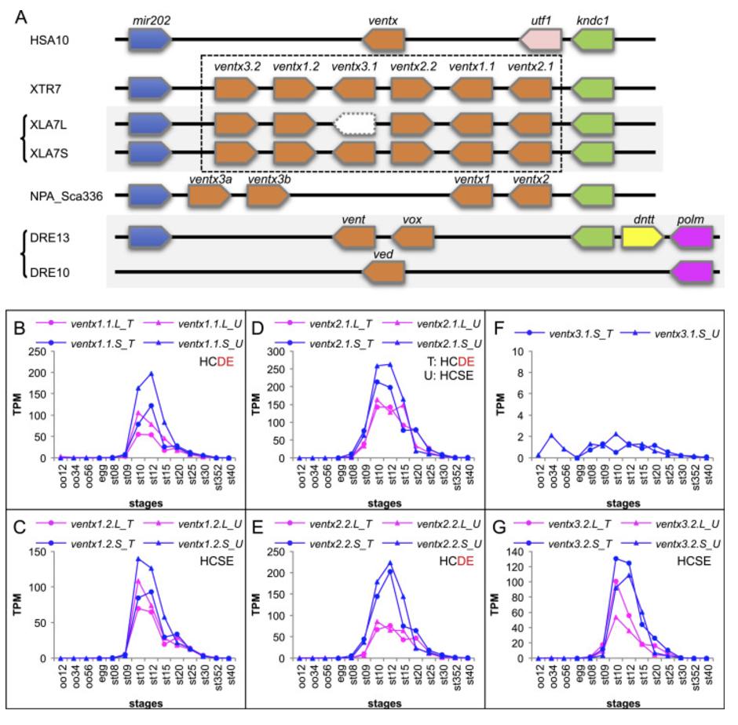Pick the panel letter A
21,14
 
